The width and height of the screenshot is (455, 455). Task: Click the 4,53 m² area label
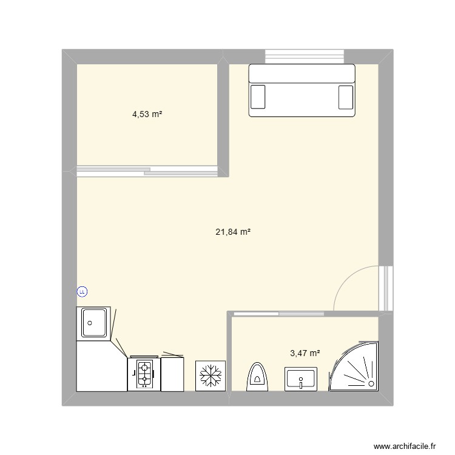pyautogui.click(x=147, y=113)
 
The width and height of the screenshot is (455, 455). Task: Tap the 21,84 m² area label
pyautogui.click(x=233, y=231)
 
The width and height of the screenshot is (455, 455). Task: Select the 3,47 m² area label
pyautogui.click(x=305, y=352)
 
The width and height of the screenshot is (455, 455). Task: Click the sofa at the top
pyautogui.click(x=302, y=90)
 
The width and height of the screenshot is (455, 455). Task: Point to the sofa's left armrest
pyautogui.click(x=258, y=96)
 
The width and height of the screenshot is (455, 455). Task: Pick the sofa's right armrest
pyautogui.click(x=345, y=96)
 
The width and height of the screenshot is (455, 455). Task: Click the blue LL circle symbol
pyautogui.click(x=82, y=292)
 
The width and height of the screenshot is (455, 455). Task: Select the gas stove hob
pyautogui.click(x=144, y=374)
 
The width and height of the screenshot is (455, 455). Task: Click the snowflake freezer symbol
pyautogui.click(x=211, y=376)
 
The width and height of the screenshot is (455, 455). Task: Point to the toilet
pyautogui.click(x=258, y=376)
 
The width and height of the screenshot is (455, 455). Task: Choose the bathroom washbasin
pyautogui.click(x=300, y=378)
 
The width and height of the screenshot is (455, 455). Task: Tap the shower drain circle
pyautogui.click(x=371, y=383)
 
